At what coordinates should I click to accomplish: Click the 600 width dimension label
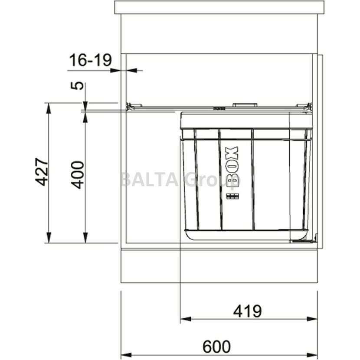click(x=216, y=347)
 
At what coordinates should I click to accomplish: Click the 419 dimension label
click(x=247, y=311)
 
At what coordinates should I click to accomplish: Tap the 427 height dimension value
click(x=42, y=171)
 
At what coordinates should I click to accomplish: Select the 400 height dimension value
click(x=78, y=175)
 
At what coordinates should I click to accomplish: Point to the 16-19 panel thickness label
click(x=91, y=60)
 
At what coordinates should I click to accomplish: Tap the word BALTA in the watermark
click(x=149, y=180)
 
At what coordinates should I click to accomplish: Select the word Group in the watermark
click(x=212, y=181)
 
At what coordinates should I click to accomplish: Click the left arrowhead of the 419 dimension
click(x=186, y=319)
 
